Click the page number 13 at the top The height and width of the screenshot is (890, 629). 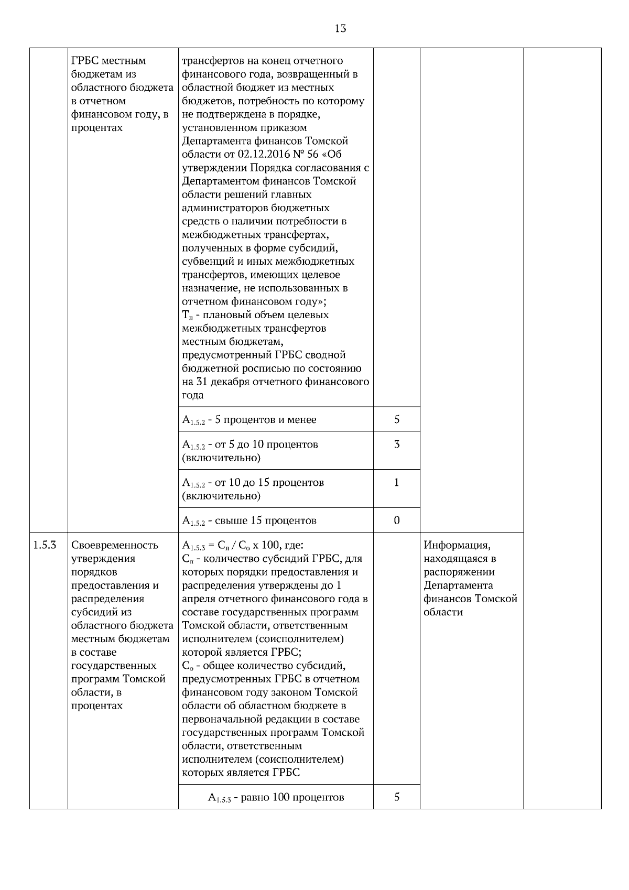[x=340, y=29]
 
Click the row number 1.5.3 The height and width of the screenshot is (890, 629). [x=45, y=545]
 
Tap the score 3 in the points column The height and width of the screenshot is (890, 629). [x=397, y=444]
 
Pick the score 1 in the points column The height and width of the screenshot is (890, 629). [x=397, y=482]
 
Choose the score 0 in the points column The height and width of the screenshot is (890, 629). [x=397, y=520]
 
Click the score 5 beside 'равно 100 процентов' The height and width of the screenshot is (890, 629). [x=397, y=797]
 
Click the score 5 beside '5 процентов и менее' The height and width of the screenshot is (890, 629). [x=397, y=419]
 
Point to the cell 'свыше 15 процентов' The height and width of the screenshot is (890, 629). [x=250, y=521]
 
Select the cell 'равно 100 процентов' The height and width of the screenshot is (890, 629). [x=276, y=798]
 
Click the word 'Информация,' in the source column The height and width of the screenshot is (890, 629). [x=457, y=545]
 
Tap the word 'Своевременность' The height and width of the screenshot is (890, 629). [x=114, y=545]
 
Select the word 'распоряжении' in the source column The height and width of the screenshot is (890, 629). [x=459, y=572]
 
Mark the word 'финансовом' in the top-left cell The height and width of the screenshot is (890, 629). [x=99, y=114]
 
